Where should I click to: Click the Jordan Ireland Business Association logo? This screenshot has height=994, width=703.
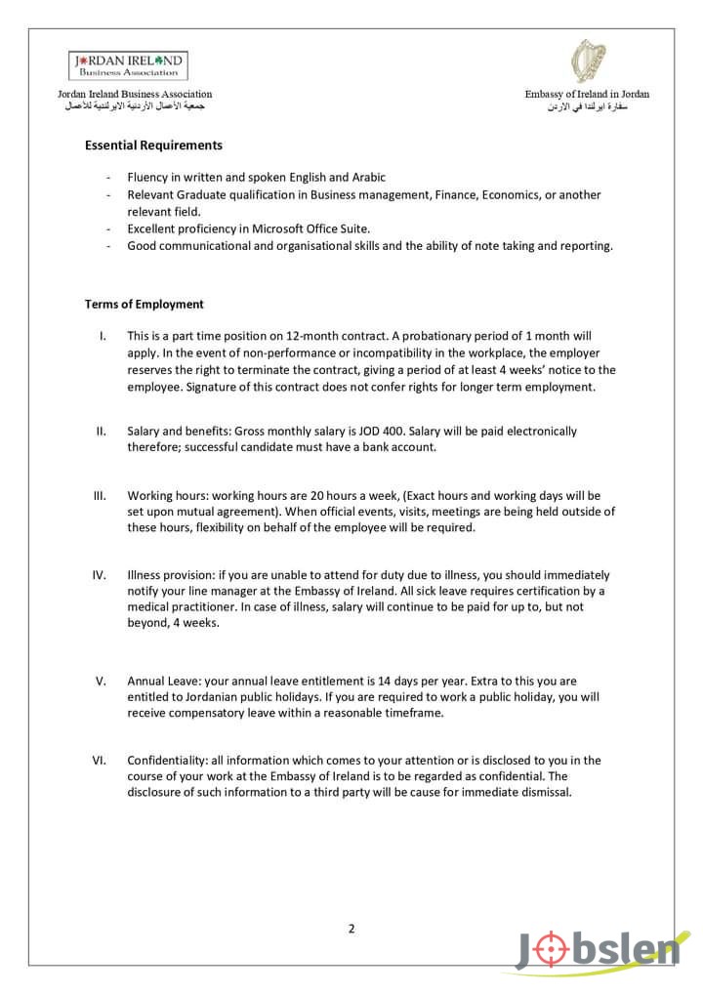(x=128, y=65)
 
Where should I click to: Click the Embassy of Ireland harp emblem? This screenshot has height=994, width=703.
(x=587, y=62)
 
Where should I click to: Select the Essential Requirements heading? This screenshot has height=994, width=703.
(x=153, y=145)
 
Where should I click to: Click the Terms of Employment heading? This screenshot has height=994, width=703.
(x=144, y=305)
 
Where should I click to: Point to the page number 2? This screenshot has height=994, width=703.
(x=351, y=929)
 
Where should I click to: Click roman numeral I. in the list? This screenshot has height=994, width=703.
(x=103, y=336)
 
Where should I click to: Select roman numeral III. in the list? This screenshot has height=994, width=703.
(x=100, y=495)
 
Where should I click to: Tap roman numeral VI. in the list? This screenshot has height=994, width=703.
(x=100, y=760)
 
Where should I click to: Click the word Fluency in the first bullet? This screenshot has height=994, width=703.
(x=148, y=178)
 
